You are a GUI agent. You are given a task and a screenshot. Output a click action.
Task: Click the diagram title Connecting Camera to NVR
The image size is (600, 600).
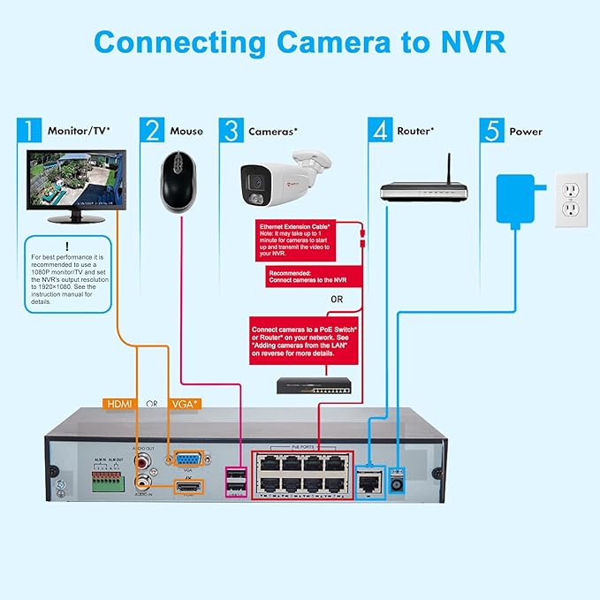coord(300,42)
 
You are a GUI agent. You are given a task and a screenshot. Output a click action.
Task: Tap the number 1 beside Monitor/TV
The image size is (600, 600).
coord(30,131)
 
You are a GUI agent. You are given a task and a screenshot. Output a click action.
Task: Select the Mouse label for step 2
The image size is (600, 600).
coord(186,131)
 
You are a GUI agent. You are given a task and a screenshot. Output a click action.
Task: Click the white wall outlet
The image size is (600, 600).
coord(571,199)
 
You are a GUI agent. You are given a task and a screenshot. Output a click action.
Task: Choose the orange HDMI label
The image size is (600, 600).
coord(121,403)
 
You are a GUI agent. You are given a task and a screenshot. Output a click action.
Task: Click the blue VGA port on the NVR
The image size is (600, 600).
coord(187,458)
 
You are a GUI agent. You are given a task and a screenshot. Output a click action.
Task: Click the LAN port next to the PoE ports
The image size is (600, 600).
coord(367,479)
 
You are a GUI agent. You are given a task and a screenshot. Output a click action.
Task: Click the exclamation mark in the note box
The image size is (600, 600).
coord(67,247)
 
